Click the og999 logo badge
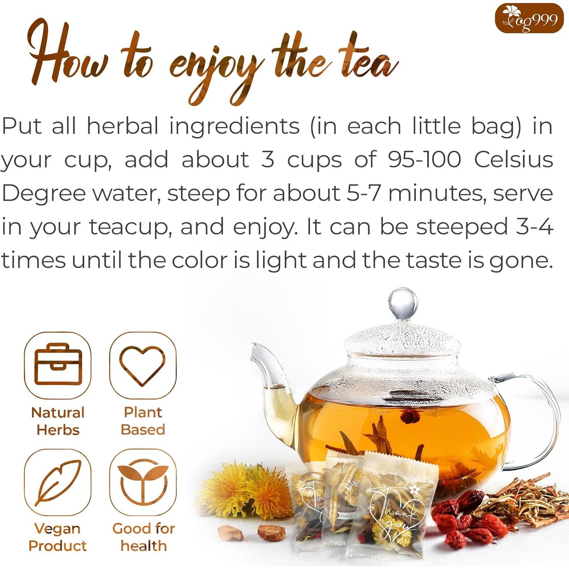[x=529, y=18]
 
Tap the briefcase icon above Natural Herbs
[x=58, y=365]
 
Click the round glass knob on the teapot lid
[x=403, y=304]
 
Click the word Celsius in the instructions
[x=513, y=160]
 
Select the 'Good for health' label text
[x=143, y=537]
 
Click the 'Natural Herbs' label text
[x=58, y=421]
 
